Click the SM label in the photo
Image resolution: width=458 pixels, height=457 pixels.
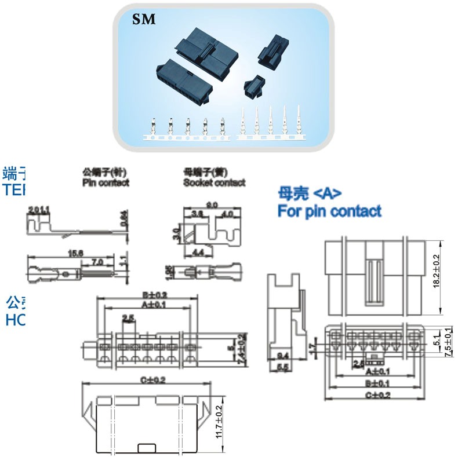144,20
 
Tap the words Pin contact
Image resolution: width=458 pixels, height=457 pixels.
106,182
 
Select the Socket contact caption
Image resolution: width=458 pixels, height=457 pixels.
214,182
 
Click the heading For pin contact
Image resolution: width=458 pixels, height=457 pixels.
329,211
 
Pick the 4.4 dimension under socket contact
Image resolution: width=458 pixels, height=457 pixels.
197,252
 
